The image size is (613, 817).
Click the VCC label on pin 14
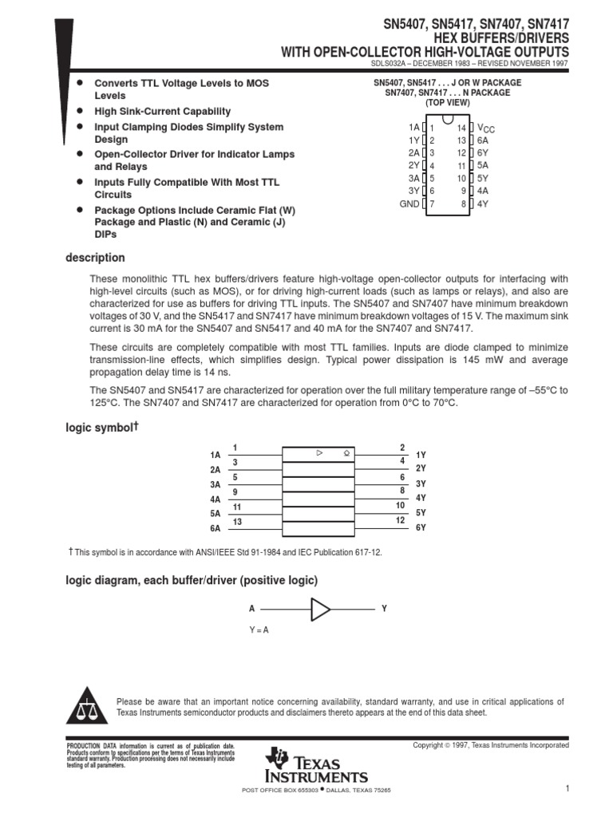tap(485, 128)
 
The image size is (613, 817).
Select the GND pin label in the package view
tap(409, 203)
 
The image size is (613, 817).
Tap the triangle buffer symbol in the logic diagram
tap(320, 610)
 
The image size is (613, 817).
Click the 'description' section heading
tap(95, 258)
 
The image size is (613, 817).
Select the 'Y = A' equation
tap(259, 630)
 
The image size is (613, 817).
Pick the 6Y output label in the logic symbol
tap(421, 528)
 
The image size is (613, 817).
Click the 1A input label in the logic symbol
tap(215, 455)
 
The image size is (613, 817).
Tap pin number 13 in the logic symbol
tap(236, 522)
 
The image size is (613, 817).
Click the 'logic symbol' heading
tap(100, 428)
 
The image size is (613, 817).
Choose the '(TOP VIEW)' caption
tap(447, 103)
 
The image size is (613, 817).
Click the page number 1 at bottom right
tap(565, 789)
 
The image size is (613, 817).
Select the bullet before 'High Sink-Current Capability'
tap(79, 111)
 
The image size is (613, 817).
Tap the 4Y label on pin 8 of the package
tap(483, 203)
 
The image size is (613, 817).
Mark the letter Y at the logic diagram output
tap(384, 609)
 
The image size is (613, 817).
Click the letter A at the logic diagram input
tap(251, 609)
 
